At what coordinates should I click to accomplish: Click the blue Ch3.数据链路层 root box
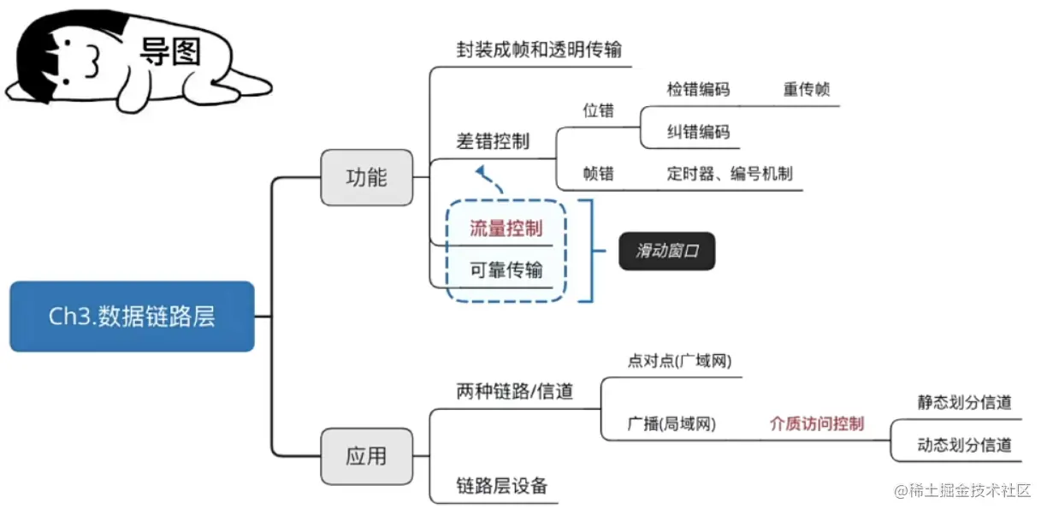click(132, 317)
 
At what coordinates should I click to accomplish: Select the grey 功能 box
click(366, 177)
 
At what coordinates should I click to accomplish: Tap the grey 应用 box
click(366, 456)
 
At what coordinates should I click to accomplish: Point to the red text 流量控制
click(506, 228)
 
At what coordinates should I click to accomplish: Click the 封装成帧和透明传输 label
click(539, 50)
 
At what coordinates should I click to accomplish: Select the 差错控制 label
click(492, 141)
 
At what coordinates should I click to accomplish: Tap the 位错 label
click(598, 110)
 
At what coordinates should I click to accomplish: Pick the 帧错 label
click(598, 174)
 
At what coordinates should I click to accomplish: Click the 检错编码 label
click(698, 89)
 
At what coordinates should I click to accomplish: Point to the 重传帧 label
click(806, 89)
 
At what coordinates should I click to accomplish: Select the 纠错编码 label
click(698, 132)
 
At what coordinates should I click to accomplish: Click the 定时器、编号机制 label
click(729, 174)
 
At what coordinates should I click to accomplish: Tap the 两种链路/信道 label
click(514, 392)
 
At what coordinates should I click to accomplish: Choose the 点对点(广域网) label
click(680, 361)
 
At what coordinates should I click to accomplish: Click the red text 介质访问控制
click(816, 423)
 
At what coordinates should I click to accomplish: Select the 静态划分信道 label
click(964, 402)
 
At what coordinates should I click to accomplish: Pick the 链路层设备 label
click(501, 486)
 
